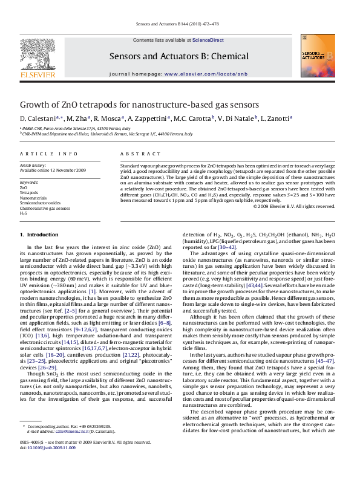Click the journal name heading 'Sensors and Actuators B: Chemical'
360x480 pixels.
[178, 56]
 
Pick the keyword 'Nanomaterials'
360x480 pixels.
[34, 198]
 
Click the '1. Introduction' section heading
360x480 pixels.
[39, 234]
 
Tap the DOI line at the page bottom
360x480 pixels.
[48, 465]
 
